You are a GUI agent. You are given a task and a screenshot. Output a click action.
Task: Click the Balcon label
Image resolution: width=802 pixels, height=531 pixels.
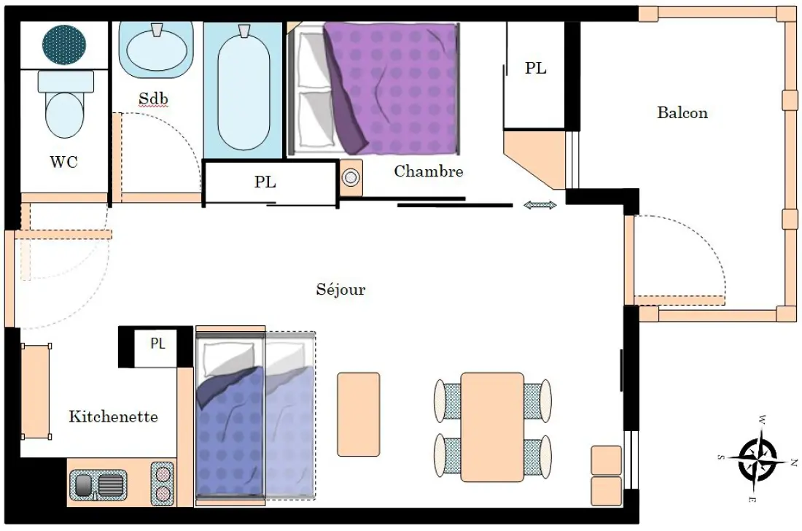tap(682, 112)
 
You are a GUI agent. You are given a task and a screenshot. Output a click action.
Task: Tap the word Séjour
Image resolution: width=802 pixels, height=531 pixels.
tap(340, 289)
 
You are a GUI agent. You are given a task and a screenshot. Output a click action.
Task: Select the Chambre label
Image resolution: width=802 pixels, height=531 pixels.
tap(429, 171)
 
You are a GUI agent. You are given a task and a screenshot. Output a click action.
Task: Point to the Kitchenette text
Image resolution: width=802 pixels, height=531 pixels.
tap(113, 416)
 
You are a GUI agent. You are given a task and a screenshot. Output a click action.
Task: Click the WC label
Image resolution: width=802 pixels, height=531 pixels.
tap(64, 162)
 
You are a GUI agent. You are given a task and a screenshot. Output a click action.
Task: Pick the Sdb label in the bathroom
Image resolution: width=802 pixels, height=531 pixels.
tap(153, 98)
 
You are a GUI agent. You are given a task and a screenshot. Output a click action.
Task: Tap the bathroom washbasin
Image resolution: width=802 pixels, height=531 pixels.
tap(157, 50)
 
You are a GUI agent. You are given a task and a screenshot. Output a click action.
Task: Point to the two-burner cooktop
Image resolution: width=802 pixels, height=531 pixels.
tap(163, 484)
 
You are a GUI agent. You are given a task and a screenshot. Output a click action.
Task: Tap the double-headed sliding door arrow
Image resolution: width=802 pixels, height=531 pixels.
tap(540, 205)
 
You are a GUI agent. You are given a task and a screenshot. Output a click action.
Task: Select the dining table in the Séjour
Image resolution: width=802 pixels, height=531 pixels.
tap(492, 427)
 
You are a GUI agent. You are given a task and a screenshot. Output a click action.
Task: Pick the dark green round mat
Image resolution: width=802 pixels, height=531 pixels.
tap(64, 44)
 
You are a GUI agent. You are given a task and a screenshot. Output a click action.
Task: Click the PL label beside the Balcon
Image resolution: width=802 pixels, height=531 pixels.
tap(536, 68)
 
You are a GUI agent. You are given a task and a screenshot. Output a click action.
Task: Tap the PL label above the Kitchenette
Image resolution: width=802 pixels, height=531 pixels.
tap(157, 344)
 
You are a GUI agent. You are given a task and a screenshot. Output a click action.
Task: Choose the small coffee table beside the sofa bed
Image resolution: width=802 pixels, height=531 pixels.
tap(359, 414)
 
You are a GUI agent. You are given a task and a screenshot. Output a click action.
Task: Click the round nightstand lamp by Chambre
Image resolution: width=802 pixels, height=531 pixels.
tap(351, 178)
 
